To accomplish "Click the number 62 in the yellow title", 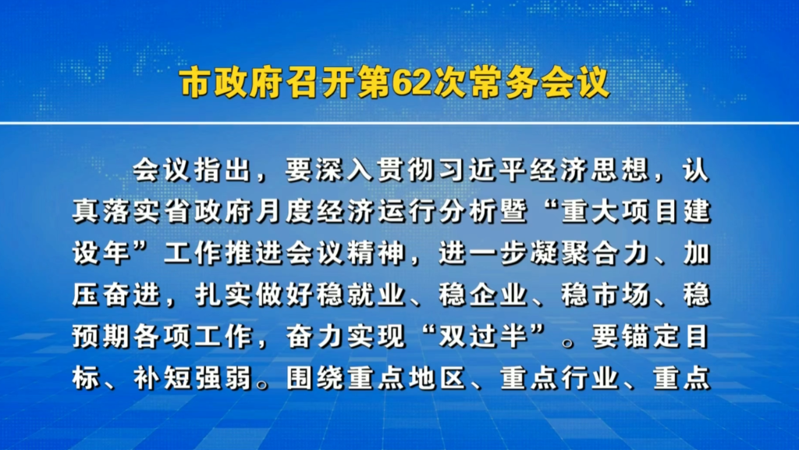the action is click(412, 83).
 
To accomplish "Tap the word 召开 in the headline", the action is click(321, 83).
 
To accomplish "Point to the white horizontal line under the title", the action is click(399, 123).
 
